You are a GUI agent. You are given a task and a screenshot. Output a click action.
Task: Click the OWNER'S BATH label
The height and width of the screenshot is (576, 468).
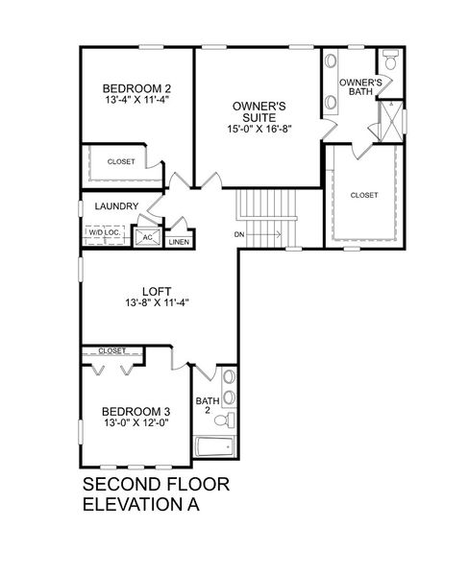361,87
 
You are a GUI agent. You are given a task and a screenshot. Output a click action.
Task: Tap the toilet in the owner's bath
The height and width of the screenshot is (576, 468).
390,60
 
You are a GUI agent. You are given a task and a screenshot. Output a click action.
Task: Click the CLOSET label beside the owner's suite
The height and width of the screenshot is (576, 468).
364,195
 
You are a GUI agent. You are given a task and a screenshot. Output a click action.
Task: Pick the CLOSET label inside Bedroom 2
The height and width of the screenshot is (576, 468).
121,161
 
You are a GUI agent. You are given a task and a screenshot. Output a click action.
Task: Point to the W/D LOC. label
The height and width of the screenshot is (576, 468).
104,231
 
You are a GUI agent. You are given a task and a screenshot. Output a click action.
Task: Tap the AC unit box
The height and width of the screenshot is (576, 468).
148,235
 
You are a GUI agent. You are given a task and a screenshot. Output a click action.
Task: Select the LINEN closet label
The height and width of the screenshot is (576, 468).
179,242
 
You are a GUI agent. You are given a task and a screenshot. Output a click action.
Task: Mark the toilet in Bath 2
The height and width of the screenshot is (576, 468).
223,420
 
